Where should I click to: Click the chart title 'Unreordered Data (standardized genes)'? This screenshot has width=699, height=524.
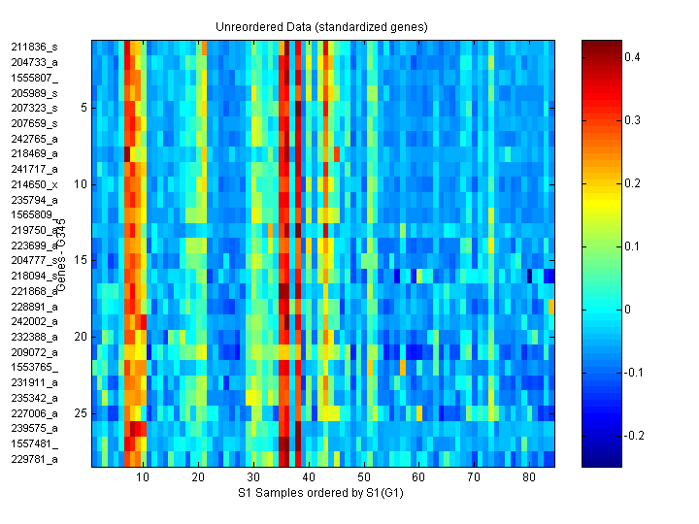tap(321, 26)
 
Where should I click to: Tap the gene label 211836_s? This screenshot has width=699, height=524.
tap(34, 47)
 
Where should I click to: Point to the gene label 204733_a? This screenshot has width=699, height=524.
tap(34, 62)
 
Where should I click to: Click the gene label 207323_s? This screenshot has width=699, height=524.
tap(34, 108)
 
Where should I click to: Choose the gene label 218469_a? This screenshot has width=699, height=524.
tap(34, 153)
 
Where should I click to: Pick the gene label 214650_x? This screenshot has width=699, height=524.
tap(34, 184)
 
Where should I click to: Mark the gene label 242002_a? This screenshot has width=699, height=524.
tap(34, 321)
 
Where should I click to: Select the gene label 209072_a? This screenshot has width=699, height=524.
tap(34, 351)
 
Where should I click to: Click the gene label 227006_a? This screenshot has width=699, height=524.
tap(34, 412)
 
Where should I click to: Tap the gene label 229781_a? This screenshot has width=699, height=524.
tap(34, 459)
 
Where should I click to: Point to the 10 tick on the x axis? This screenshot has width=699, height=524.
tap(143, 478)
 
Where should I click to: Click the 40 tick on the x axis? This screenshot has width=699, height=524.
tap(309, 478)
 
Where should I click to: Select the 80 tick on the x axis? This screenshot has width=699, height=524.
tap(529, 478)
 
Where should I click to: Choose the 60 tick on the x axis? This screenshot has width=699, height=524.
tap(418, 478)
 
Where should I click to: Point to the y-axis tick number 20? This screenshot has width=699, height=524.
tap(81, 337)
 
